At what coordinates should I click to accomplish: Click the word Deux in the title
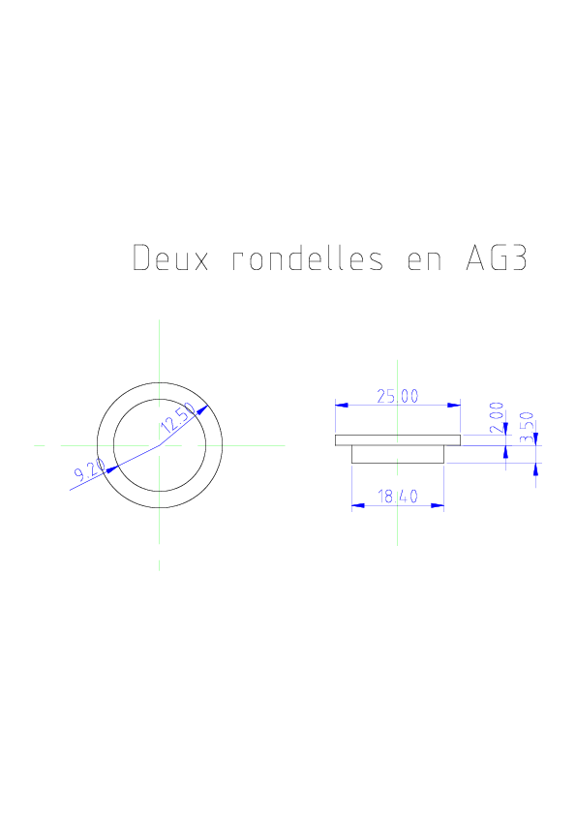click(170, 257)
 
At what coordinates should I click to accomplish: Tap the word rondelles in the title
click(308, 257)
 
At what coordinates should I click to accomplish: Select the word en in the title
click(424, 259)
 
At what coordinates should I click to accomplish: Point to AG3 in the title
click(497, 257)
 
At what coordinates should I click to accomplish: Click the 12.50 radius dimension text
click(178, 418)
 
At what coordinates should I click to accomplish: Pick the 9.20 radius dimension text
click(89, 469)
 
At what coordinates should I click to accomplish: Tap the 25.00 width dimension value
click(398, 397)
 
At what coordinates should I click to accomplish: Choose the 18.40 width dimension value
click(398, 497)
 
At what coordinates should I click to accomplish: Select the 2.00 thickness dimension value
click(497, 417)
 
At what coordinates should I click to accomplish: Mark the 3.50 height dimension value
click(528, 427)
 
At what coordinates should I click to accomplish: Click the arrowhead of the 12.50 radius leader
click(202, 410)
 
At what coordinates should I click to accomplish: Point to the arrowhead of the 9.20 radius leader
click(111, 468)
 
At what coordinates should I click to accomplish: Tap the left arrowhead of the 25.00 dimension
click(342, 405)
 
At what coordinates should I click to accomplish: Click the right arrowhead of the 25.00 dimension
click(454, 405)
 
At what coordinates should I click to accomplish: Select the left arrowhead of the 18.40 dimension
click(358, 505)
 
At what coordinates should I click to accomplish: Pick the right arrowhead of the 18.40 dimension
click(438, 505)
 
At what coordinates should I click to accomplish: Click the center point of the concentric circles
click(159, 445)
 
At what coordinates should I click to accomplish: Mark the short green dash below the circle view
click(159, 565)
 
